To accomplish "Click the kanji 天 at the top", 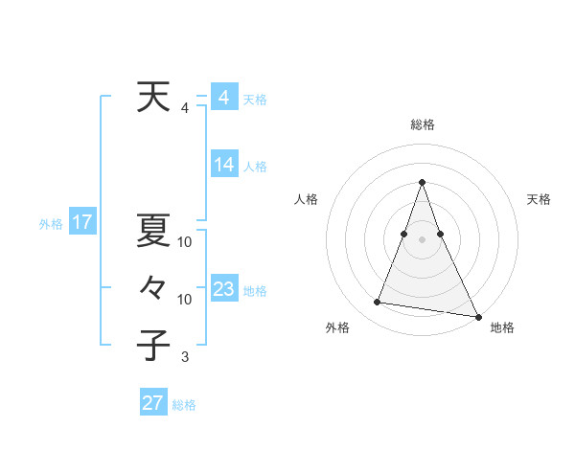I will tap(153, 98).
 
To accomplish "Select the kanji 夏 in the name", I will tap(153, 230).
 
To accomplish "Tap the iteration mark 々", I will tap(153, 287).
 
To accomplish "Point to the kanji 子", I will tap(153, 345).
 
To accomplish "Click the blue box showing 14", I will tap(224, 165).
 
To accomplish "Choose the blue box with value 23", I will tap(224, 289).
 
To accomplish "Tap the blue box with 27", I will tap(153, 403).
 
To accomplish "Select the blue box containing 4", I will tap(224, 98).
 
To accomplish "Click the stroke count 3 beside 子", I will tap(185, 357).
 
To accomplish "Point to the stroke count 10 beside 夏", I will tap(185, 242).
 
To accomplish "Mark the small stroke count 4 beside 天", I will tap(185, 108).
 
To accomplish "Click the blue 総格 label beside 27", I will tap(184, 405).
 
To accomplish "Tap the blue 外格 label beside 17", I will tap(51, 224).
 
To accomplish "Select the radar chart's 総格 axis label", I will tap(423, 124).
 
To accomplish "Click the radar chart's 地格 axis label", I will tap(502, 327).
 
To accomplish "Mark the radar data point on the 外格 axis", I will tap(378, 303).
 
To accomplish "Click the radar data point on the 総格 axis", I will tap(423, 182).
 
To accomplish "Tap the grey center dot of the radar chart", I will tap(423, 238).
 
